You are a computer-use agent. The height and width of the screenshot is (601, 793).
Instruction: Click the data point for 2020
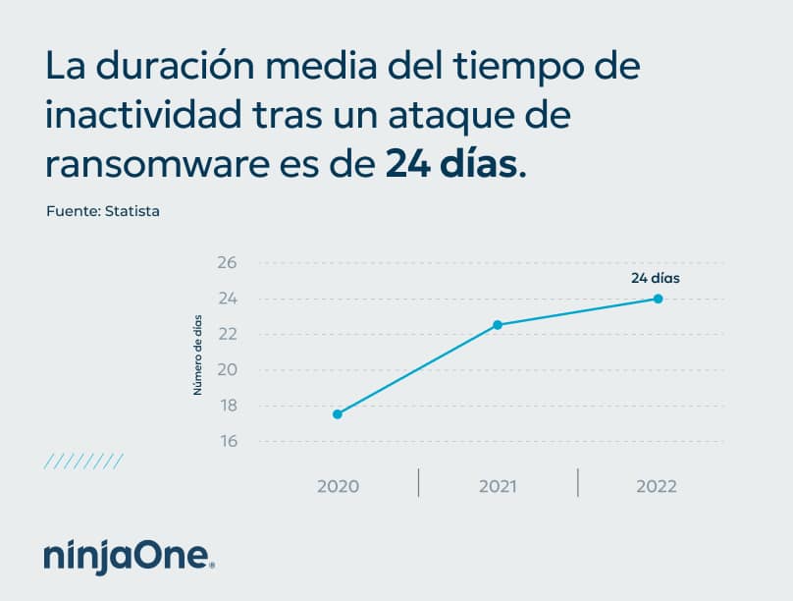(x=338, y=414)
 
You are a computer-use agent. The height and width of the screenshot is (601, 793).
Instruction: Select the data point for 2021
(x=498, y=325)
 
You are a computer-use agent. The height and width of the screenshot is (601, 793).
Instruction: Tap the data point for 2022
(x=658, y=299)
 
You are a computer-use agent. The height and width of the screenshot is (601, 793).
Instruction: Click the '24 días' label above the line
(x=656, y=278)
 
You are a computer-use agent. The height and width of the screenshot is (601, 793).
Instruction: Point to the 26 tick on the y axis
(x=228, y=263)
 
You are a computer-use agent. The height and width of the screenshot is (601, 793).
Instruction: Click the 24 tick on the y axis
(x=228, y=299)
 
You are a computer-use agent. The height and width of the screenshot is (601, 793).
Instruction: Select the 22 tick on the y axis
(x=228, y=335)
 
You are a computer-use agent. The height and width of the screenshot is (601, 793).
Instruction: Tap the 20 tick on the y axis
(x=228, y=370)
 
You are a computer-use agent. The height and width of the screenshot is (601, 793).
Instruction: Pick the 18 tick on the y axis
(x=228, y=406)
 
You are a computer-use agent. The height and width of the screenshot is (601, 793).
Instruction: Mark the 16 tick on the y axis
(x=228, y=442)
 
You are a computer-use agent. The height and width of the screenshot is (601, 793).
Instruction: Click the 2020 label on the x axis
(x=338, y=486)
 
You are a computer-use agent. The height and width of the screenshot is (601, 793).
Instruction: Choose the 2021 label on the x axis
(x=498, y=486)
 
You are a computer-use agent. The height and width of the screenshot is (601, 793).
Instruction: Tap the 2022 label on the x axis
(x=657, y=486)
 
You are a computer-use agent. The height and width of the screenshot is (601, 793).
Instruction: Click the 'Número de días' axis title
(x=197, y=354)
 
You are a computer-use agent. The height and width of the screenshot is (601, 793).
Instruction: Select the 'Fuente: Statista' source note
(x=103, y=211)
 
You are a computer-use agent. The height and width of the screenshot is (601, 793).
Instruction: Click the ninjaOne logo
(x=129, y=556)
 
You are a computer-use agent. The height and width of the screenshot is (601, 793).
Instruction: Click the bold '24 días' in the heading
(x=450, y=163)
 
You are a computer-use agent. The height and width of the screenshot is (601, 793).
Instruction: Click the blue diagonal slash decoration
(x=83, y=461)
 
